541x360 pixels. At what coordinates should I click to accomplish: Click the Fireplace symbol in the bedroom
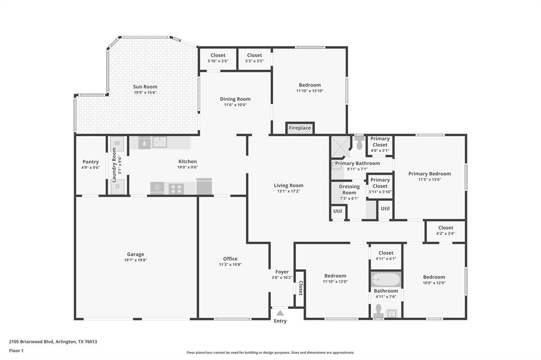coord(300,128)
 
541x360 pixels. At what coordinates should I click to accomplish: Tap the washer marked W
coord(117,143)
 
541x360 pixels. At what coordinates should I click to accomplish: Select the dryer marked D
coord(117,186)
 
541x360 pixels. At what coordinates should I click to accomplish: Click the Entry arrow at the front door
coord(280,313)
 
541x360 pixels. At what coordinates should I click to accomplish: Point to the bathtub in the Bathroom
coord(386,279)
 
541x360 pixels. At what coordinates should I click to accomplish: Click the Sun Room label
coord(145,87)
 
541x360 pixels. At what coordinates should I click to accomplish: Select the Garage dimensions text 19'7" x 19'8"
coord(135,260)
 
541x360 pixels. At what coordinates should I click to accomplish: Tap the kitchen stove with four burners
coord(176,188)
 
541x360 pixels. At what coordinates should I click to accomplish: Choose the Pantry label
coord(90,162)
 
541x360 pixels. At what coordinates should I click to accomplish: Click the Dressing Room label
coord(349,190)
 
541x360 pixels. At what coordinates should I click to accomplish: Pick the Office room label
coord(230,259)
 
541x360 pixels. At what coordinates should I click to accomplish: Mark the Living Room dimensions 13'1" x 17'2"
coord(288,192)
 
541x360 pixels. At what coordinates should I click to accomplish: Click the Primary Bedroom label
coord(430,174)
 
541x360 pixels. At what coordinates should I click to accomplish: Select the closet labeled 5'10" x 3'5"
coord(218,61)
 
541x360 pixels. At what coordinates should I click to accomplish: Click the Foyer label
coord(282,272)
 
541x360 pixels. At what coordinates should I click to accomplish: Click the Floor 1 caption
coord(16,350)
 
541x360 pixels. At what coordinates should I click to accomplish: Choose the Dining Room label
coord(235,99)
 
